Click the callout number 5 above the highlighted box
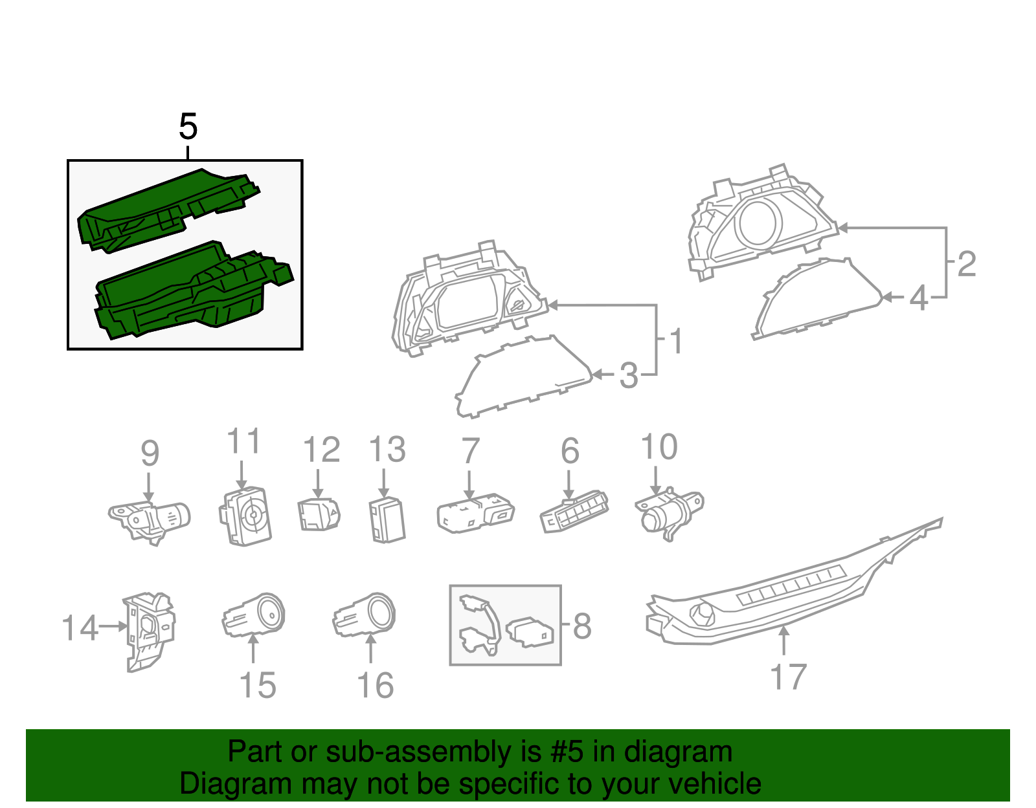pyautogui.click(x=188, y=127)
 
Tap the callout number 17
pyautogui.click(x=788, y=677)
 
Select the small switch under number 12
pyautogui.click(x=319, y=515)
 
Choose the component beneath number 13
pyautogui.click(x=387, y=519)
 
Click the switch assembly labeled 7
pyautogui.click(x=475, y=514)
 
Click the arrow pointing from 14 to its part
pyautogui.click(x=114, y=626)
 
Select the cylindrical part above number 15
pyautogui.click(x=255, y=615)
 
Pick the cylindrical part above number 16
pyautogui.click(x=366, y=615)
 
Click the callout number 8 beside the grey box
pyautogui.click(x=582, y=626)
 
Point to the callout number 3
pyautogui.click(x=629, y=376)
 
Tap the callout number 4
pyautogui.click(x=918, y=298)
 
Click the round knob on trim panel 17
pyautogui.click(x=702, y=612)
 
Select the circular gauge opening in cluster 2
pyautogui.click(x=758, y=223)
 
